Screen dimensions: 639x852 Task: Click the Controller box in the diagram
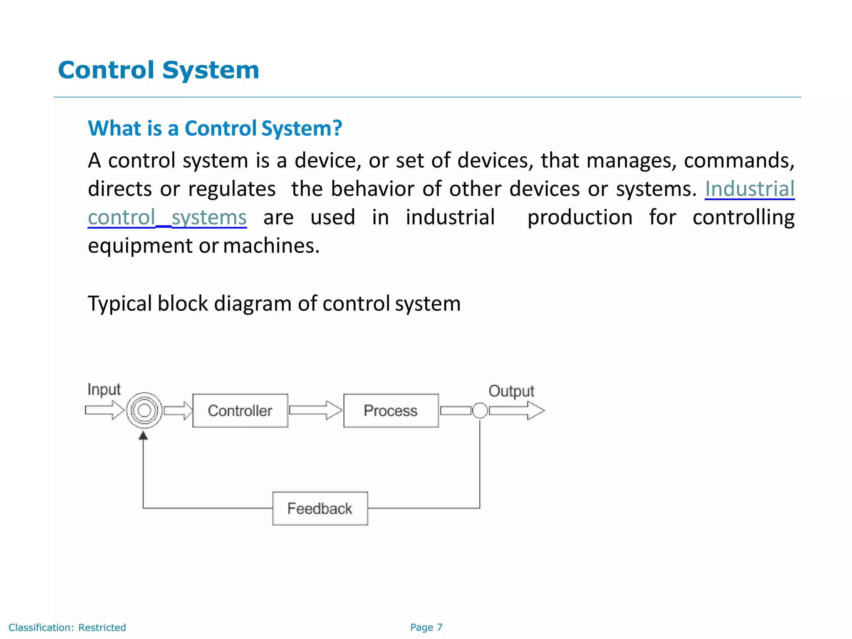pos(240,411)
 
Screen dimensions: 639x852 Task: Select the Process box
pos(391,411)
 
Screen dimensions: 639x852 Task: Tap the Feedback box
pos(320,508)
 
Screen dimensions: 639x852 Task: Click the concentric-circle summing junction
pos(144,411)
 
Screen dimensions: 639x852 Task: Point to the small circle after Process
pos(480,411)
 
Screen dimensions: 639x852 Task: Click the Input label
pos(104,390)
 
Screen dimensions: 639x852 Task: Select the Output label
pos(511,391)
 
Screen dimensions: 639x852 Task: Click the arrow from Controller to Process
pos(315,411)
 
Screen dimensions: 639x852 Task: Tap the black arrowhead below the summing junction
pos(143,436)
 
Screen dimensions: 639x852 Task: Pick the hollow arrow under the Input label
pos(104,410)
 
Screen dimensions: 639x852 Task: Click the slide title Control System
pos(159,70)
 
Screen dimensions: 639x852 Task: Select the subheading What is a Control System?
pos(215,128)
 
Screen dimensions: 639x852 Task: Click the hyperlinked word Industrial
pos(749,189)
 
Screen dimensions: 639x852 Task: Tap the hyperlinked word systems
pos(209,218)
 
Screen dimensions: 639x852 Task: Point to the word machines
pos(271,246)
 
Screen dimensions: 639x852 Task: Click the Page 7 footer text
pos(426,627)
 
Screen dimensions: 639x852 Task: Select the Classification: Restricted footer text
pos(67,627)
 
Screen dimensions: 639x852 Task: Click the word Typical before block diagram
pos(120,304)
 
